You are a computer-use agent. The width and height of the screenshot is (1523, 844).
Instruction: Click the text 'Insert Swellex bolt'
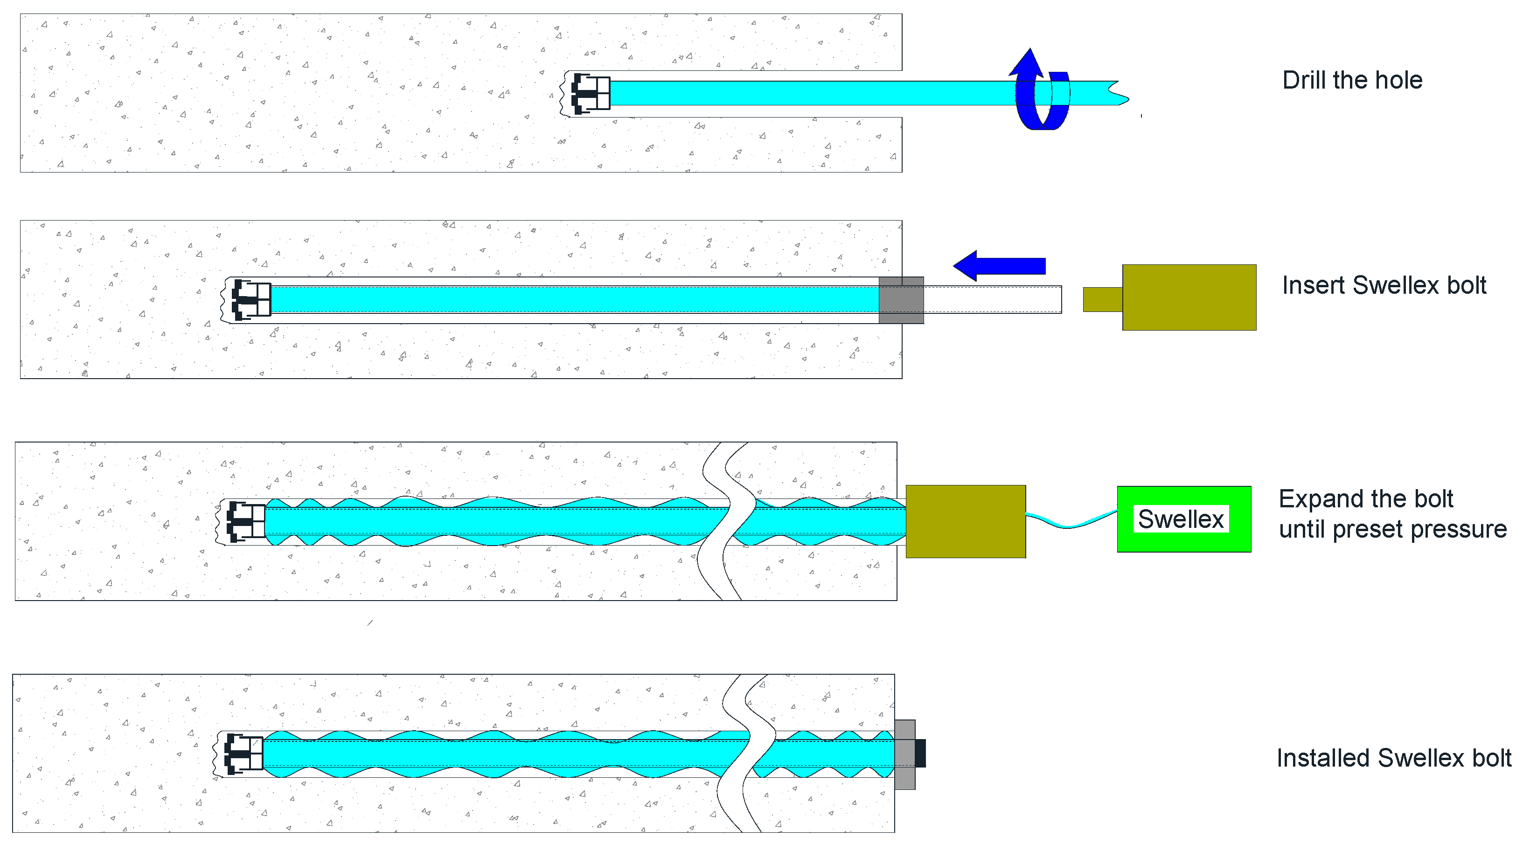coord(1384,285)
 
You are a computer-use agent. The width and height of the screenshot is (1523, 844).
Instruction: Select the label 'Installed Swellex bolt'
coord(1393,758)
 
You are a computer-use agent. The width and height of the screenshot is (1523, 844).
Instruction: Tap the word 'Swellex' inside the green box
coord(1181,519)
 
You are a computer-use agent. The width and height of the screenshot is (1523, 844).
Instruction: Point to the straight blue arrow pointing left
coord(999,266)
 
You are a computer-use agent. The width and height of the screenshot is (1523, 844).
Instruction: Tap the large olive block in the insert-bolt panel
coord(1189,297)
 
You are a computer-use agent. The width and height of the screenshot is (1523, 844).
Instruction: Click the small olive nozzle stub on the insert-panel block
coord(1103,300)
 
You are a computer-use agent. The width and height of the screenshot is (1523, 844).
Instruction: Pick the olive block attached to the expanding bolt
coord(966,521)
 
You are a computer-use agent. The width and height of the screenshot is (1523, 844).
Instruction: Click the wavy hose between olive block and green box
coord(1070,523)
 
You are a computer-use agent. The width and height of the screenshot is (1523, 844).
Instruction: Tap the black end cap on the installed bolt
coord(920,754)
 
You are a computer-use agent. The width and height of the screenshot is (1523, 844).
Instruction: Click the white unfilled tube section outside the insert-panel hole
coord(993,300)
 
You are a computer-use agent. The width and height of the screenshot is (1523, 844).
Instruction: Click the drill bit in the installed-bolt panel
coord(243,754)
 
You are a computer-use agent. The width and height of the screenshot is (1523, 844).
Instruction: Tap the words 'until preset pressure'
coord(1392,530)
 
